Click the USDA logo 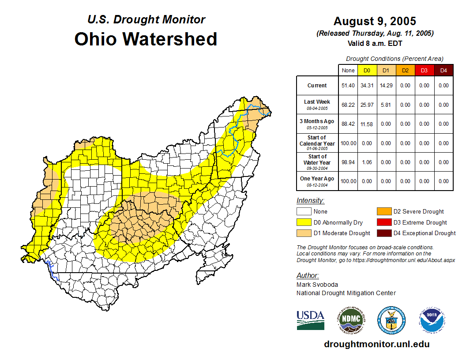310,320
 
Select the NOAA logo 432,320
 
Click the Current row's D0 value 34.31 367,86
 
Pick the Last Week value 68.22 348,105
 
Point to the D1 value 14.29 386,86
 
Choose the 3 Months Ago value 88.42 348,124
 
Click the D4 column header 443,70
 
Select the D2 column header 405,70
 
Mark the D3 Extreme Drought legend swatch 383,222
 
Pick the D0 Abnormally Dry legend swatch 304,222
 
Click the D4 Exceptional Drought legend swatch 383,233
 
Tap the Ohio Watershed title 146,39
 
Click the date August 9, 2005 375,21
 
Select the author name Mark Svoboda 317,285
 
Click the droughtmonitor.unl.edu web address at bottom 376,344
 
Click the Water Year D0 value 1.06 367,162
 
